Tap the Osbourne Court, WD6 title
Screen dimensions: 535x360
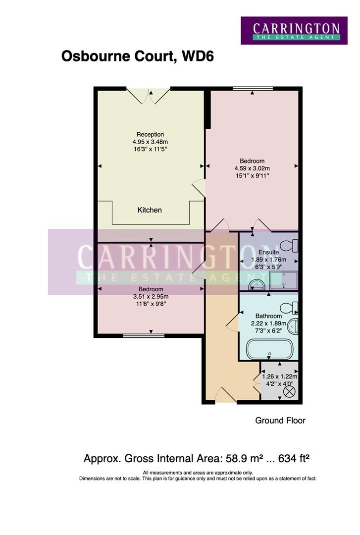(137, 56)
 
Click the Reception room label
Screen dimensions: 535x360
(150, 134)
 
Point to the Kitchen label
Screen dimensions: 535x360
(150, 210)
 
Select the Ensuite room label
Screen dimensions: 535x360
(268, 252)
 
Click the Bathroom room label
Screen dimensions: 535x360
(268, 316)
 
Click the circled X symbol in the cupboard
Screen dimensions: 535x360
(289, 392)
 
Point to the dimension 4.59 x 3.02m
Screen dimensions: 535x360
(252, 168)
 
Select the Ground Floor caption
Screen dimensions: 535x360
(280, 421)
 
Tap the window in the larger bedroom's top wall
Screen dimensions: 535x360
(253, 89)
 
